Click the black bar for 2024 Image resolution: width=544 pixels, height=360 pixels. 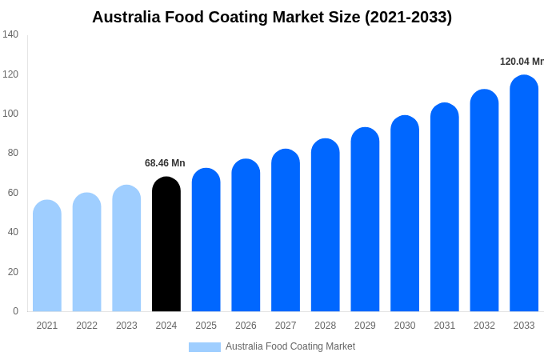(166, 244)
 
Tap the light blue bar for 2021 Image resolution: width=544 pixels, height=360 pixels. (47, 256)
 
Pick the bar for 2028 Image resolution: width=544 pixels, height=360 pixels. (325, 225)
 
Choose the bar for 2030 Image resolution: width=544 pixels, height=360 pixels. (405, 214)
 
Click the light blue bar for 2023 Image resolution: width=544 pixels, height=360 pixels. (126, 248)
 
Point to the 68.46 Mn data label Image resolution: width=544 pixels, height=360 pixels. (165, 163)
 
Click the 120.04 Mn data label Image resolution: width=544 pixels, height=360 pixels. (521, 62)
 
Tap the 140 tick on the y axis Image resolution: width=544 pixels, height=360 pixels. (10, 34)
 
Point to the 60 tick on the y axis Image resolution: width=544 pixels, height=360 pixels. (13, 193)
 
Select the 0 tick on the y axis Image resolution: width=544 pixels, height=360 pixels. (15, 311)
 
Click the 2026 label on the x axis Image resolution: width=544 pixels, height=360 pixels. (246, 326)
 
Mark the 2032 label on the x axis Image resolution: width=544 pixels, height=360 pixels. (484, 326)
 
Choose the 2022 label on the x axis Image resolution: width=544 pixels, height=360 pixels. (86, 326)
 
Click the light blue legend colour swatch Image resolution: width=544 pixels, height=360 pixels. (204, 347)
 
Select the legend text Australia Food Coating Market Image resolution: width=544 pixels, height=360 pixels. (290, 346)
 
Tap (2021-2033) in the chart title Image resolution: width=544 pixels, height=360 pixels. (408, 17)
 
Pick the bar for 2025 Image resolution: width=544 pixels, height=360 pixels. (206, 240)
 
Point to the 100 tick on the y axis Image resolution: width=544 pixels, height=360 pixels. (10, 114)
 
